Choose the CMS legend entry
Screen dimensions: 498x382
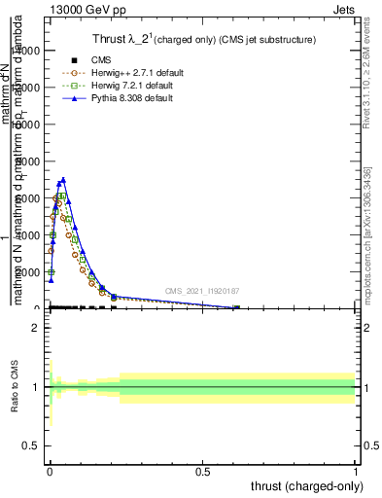pos(101,60)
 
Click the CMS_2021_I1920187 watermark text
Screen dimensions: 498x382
pos(202,290)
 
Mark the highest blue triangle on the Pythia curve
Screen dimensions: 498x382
pos(63,180)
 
